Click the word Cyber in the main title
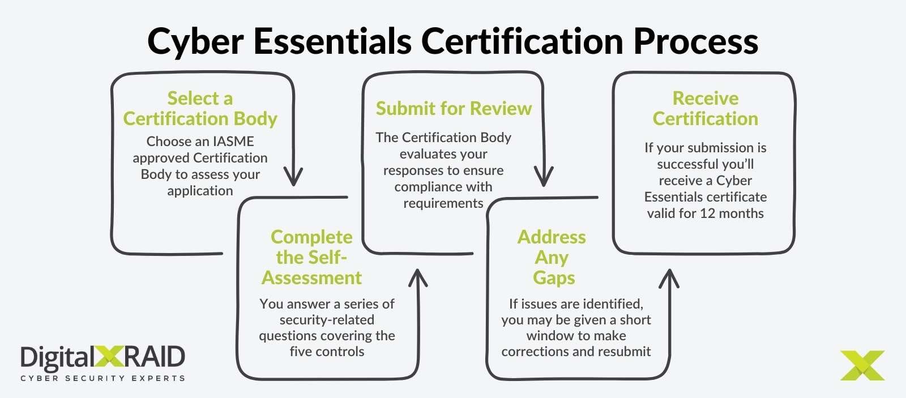pos(195,42)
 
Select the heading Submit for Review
pos(454,108)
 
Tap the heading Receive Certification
pos(705,108)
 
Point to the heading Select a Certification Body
pos(200,108)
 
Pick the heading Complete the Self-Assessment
pos(311,257)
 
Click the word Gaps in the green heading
pos(553,278)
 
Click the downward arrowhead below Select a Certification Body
pos(293,178)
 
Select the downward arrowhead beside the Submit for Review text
pos(544,178)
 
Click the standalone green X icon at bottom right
pos(862,365)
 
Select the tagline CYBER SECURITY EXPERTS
pos(102,378)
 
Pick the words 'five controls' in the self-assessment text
pos(327,352)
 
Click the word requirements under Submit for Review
pos(443,203)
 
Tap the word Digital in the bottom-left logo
pos(57,358)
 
